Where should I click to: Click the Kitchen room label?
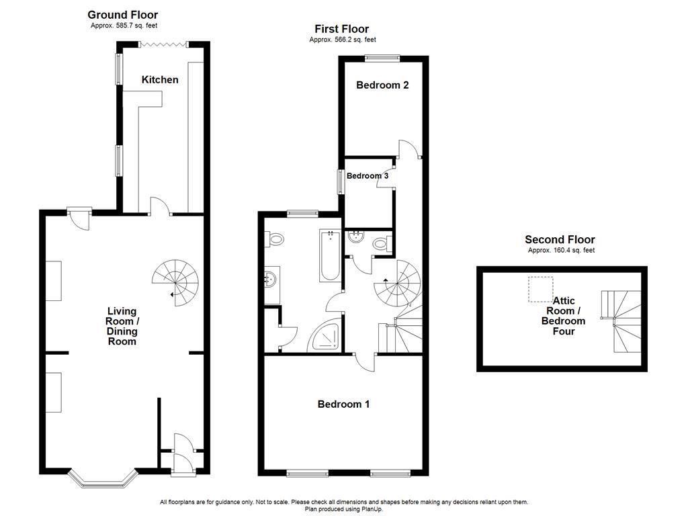pyautogui.click(x=160, y=80)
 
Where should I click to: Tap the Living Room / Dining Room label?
pyautogui.click(x=122, y=326)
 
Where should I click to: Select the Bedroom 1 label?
pyautogui.click(x=343, y=404)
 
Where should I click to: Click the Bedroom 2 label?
pyautogui.click(x=382, y=85)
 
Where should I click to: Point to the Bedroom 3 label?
pyautogui.click(x=368, y=176)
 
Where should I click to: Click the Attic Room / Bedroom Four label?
pyautogui.click(x=563, y=316)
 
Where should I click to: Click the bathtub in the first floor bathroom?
pyautogui.click(x=330, y=256)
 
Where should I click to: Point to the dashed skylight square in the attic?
pyautogui.click(x=538, y=290)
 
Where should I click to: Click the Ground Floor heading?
pyautogui.click(x=123, y=15)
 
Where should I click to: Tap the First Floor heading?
pyautogui.click(x=341, y=29)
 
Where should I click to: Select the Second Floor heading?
pyautogui.click(x=560, y=240)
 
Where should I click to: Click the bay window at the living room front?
pyautogui.click(x=103, y=478)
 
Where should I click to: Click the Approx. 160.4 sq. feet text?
pyautogui.click(x=561, y=251)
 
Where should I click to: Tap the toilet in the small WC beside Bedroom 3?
pyautogui.click(x=382, y=244)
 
